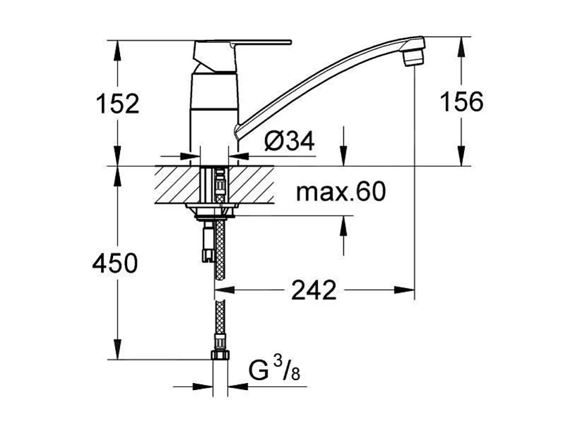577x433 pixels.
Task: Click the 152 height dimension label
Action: pyautogui.click(x=118, y=103)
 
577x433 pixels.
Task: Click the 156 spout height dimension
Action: pyautogui.click(x=461, y=102)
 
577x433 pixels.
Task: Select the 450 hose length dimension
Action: pyautogui.click(x=115, y=263)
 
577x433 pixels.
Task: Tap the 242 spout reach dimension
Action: pyautogui.click(x=313, y=291)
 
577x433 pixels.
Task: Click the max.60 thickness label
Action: pyautogui.click(x=341, y=192)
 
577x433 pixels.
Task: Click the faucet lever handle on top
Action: pyautogui.click(x=244, y=43)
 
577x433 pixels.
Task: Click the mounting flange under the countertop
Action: pyautogui.click(x=212, y=208)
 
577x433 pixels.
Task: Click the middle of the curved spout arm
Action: pyautogui.click(x=321, y=78)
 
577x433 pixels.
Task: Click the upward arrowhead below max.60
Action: pyautogui.click(x=343, y=224)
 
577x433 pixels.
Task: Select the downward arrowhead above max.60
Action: pyautogui.click(x=343, y=158)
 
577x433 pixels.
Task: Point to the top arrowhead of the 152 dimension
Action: pyautogui.click(x=117, y=48)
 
